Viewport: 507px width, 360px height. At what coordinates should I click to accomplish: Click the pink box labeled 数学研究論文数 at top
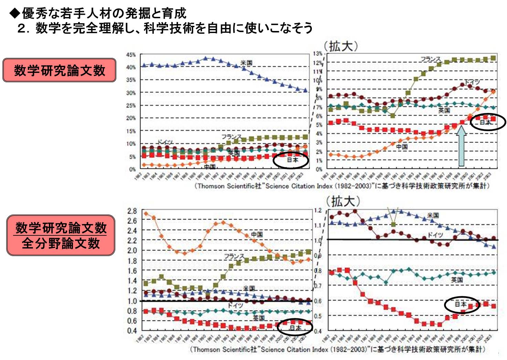pyautogui.click(x=59, y=70)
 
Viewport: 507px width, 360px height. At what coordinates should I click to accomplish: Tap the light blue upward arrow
pyautogui.click(x=462, y=146)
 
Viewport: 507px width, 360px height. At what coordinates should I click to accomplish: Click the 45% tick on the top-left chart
pyautogui.click(x=131, y=55)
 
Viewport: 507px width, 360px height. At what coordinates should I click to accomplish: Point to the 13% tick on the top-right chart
pyautogui.click(x=318, y=53)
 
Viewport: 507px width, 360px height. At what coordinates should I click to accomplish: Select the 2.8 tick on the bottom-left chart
pyautogui.click(x=132, y=211)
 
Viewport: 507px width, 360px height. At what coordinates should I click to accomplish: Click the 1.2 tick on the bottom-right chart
pyautogui.click(x=318, y=210)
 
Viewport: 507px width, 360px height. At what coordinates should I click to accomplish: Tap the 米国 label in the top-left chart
pyautogui.click(x=246, y=63)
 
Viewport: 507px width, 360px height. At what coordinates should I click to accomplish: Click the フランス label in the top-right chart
pyautogui.click(x=430, y=59)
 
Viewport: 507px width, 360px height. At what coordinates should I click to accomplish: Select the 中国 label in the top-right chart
pyautogui.click(x=402, y=147)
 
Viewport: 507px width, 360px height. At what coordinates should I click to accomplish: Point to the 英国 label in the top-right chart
pyautogui.click(x=444, y=110)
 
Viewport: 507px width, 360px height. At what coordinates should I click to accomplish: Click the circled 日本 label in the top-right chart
pyautogui.click(x=485, y=122)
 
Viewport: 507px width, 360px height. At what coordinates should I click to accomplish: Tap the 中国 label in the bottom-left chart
pyautogui.click(x=257, y=234)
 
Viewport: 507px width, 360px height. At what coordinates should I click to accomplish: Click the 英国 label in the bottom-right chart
pyautogui.click(x=457, y=280)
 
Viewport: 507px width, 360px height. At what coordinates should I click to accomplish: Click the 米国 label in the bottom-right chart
pyautogui.click(x=433, y=215)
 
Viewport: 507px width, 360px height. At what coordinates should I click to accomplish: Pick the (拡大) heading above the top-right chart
pyautogui.click(x=341, y=46)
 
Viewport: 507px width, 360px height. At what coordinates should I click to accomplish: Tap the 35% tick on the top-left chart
pyautogui.click(x=131, y=80)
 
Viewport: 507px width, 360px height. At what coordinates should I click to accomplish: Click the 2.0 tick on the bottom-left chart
pyautogui.click(x=132, y=251)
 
